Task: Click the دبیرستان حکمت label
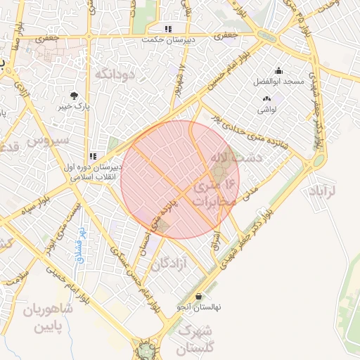click(x=168, y=39)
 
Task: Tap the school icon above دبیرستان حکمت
click(x=168, y=29)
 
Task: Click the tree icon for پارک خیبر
click(x=74, y=96)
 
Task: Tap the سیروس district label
click(x=49, y=141)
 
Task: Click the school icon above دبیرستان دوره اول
click(x=92, y=157)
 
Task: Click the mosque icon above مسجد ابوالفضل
click(x=278, y=71)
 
